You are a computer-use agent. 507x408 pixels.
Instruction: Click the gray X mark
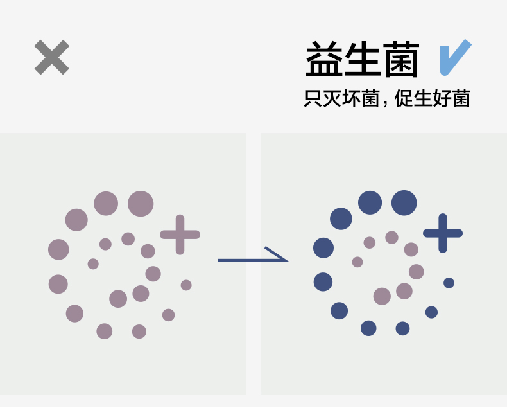pos(51,57)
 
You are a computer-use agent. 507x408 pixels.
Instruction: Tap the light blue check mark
pos(456,57)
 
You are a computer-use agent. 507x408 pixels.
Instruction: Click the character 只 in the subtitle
pos(313,99)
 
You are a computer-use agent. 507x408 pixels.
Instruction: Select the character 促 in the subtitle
pos(404,99)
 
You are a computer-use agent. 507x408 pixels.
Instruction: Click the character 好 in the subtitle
pos(442,99)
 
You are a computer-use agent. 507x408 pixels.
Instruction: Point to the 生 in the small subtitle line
pos(424,99)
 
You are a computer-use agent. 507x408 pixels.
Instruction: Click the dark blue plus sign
pos(443,232)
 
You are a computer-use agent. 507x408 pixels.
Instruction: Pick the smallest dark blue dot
pos(449,283)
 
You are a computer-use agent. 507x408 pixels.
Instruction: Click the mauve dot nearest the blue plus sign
pos(411,249)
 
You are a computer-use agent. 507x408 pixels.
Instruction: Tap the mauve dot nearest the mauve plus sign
pos(148,251)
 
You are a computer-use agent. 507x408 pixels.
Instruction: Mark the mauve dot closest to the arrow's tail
pos(186,285)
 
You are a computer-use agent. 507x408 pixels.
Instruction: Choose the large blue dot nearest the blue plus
pos(404,203)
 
